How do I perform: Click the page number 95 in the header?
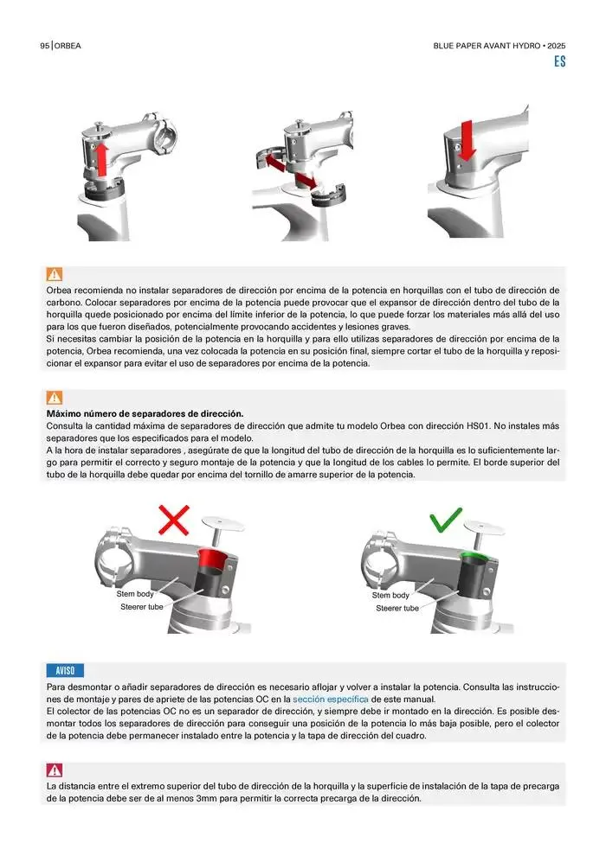click(44, 46)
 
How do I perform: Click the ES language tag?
click(559, 61)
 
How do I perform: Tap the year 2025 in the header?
click(557, 46)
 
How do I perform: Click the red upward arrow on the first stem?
click(101, 159)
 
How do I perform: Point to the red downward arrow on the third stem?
click(466, 140)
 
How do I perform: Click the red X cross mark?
click(174, 520)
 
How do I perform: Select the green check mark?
click(445, 520)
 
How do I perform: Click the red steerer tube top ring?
click(214, 557)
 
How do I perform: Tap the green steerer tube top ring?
click(477, 556)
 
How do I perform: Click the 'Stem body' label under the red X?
click(135, 594)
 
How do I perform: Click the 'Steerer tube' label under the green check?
click(397, 608)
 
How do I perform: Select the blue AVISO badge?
click(65, 670)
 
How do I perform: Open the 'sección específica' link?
click(331, 699)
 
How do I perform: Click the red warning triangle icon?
click(54, 770)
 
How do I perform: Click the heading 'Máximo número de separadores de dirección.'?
click(145, 414)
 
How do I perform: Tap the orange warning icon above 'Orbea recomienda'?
click(54, 274)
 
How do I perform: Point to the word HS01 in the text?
click(479, 425)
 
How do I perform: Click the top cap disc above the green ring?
click(484, 527)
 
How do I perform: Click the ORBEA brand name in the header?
click(68, 46)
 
